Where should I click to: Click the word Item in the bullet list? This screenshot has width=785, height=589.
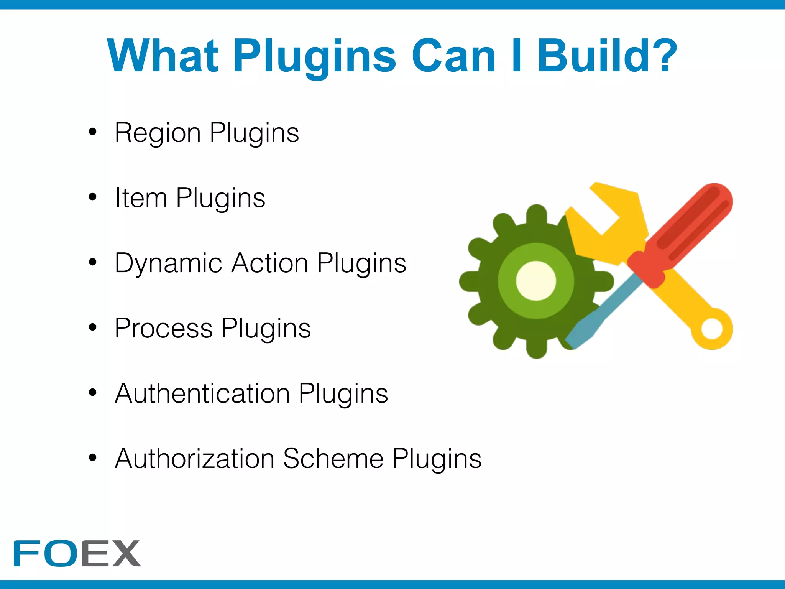point(141,198)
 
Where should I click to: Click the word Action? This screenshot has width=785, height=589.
point(270,263)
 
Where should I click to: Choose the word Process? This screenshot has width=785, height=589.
point(164,328)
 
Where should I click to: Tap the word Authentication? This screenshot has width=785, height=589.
point(202,393)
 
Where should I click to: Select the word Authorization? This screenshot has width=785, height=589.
point(195,459)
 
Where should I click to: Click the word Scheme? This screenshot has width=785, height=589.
point(333,459)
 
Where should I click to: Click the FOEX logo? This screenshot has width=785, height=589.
point(77,553)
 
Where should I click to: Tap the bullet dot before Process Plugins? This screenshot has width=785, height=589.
point(92,327)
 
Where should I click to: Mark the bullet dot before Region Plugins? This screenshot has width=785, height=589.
point(92,132)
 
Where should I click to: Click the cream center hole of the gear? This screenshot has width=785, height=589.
point(536,281)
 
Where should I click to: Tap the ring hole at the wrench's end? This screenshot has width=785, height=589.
point(712,329)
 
